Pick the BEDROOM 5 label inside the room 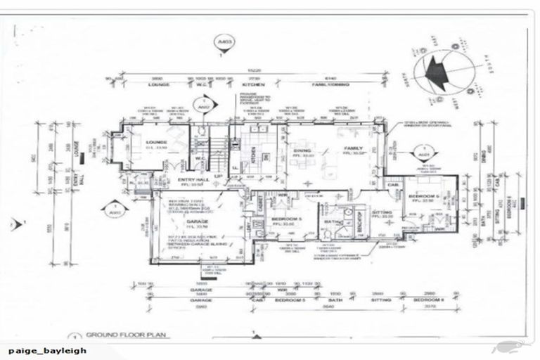click(x=285, y=219)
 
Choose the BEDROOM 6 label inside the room click(x=430, y=196)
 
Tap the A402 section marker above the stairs click(x=203, y=108)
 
